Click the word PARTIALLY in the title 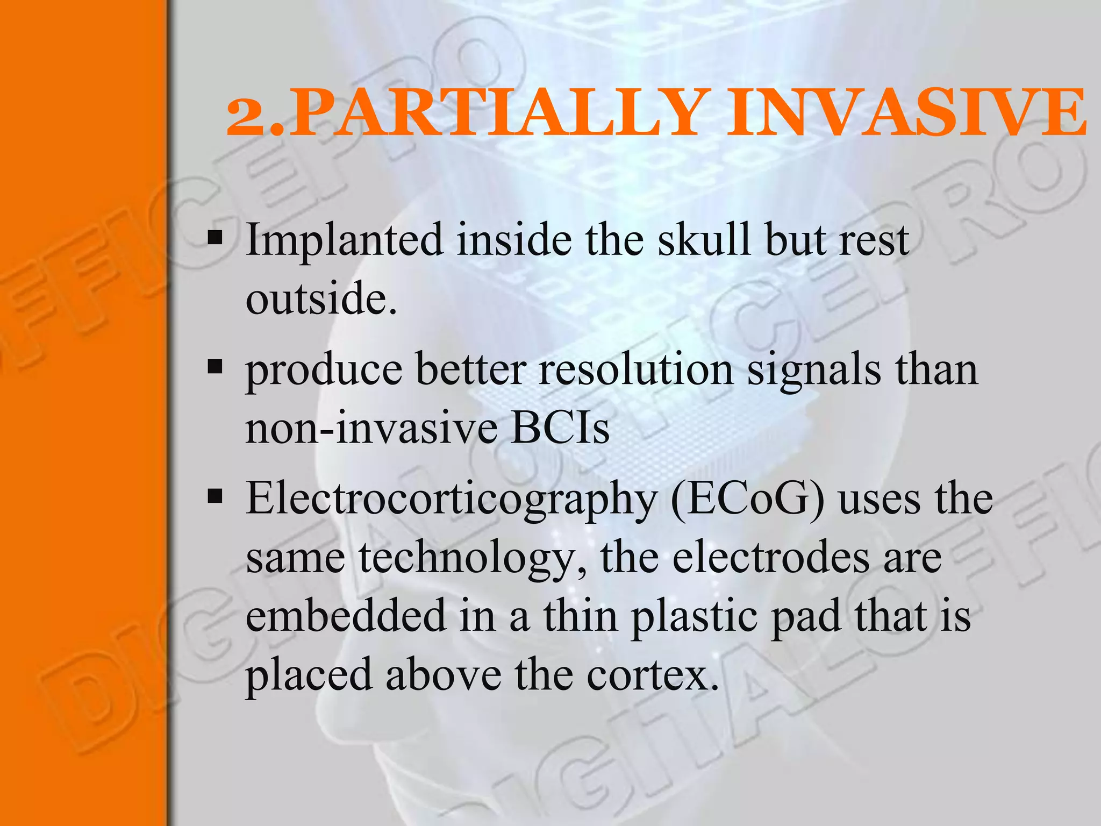click(497, 114)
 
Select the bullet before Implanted click(215, 237)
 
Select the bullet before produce click(215, 367)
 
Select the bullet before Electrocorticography click(215, 496)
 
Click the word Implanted click(344, 240)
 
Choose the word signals click(814, 371)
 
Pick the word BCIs click(560, 429)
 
